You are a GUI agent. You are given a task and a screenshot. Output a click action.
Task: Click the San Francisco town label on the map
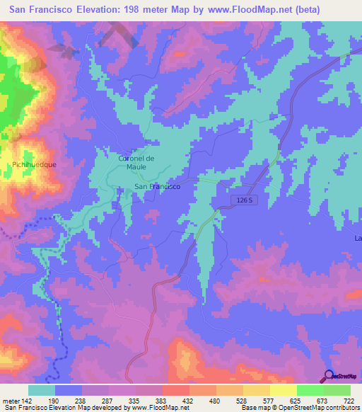pyautogui.click(x=157, y=187)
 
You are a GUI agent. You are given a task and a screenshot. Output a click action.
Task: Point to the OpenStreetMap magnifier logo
pyautogui.click(x=329, y=375)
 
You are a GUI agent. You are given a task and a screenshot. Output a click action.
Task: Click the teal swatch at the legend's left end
pyautogui.click(x=42, y=390)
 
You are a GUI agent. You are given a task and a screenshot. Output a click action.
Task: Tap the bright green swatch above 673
pyautogui.click(x=310, y=390)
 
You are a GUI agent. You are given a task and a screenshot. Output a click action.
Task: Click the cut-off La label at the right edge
pyautogui.click(x=358, y=238)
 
